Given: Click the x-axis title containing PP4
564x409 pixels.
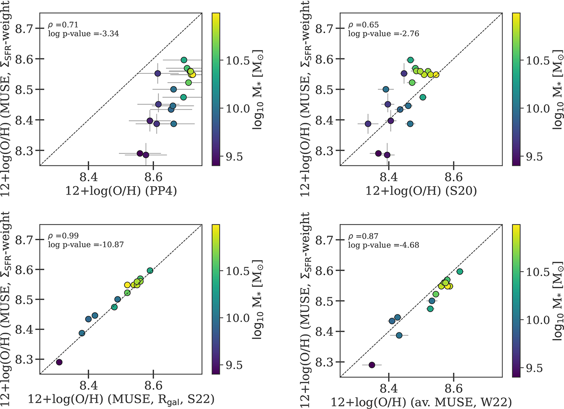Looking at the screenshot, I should (x=121, y=190).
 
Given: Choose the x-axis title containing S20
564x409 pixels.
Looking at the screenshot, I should (x=422, y=190).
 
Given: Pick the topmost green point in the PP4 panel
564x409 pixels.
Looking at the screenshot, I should (x=184, y=60).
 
